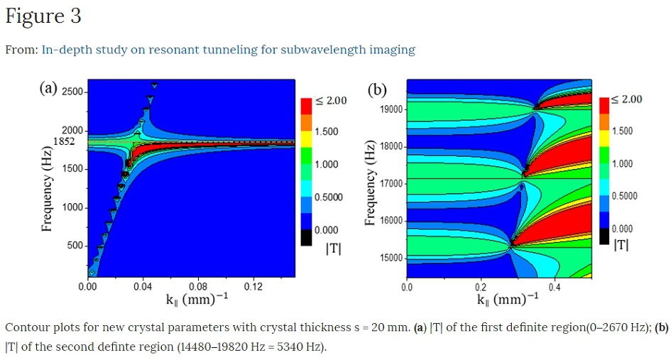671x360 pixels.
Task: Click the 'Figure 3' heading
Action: click(43, 16)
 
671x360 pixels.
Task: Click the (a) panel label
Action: click(48, 88)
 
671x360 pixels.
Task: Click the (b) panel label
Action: click(376, 89)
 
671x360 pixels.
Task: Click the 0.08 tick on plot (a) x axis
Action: click(198, 287)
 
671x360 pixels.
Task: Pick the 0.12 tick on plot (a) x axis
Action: click(253, 287)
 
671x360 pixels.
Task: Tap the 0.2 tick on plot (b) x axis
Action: click(481, 288)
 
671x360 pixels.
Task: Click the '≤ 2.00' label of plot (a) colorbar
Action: click(331, 100)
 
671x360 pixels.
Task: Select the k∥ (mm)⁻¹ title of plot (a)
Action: click(197, 299)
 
